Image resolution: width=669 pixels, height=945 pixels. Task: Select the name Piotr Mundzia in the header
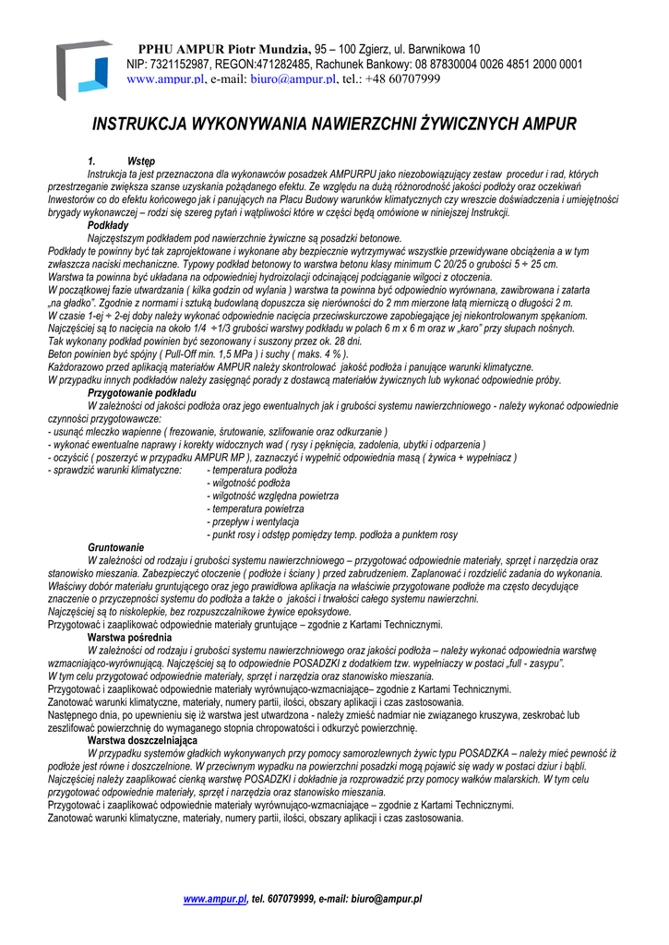click(267, 48)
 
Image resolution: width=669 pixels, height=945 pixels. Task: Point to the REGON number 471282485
click(281, 64)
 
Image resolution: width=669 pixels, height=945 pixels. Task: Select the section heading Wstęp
click(141, 161)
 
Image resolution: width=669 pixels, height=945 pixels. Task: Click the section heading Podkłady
click(108, 225)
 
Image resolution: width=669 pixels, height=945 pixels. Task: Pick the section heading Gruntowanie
click(115, 547)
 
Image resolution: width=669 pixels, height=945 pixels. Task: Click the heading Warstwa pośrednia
click(129, 637)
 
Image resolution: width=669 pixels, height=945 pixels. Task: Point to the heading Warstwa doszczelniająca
click(142, 740)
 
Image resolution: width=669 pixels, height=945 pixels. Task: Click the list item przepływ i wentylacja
click(252, 521)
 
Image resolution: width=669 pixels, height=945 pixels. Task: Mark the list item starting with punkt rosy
click(332, 534)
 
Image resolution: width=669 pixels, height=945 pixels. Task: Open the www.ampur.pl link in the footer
click(215, 898)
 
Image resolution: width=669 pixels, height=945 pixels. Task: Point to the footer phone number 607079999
click(291, 898)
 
